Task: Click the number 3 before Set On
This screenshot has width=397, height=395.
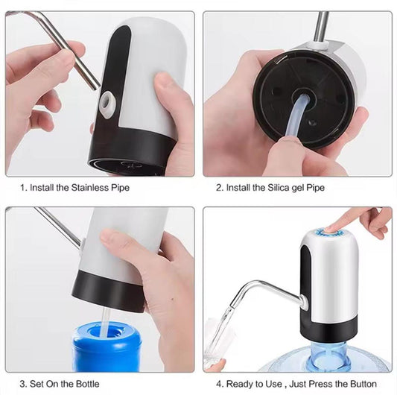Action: [x=22, y=384]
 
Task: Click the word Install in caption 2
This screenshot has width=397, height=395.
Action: [x=239, y=188]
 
